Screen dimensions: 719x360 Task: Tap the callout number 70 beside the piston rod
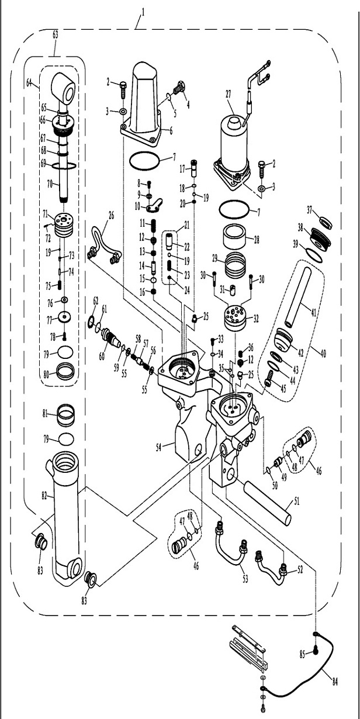(x=50, y=183)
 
